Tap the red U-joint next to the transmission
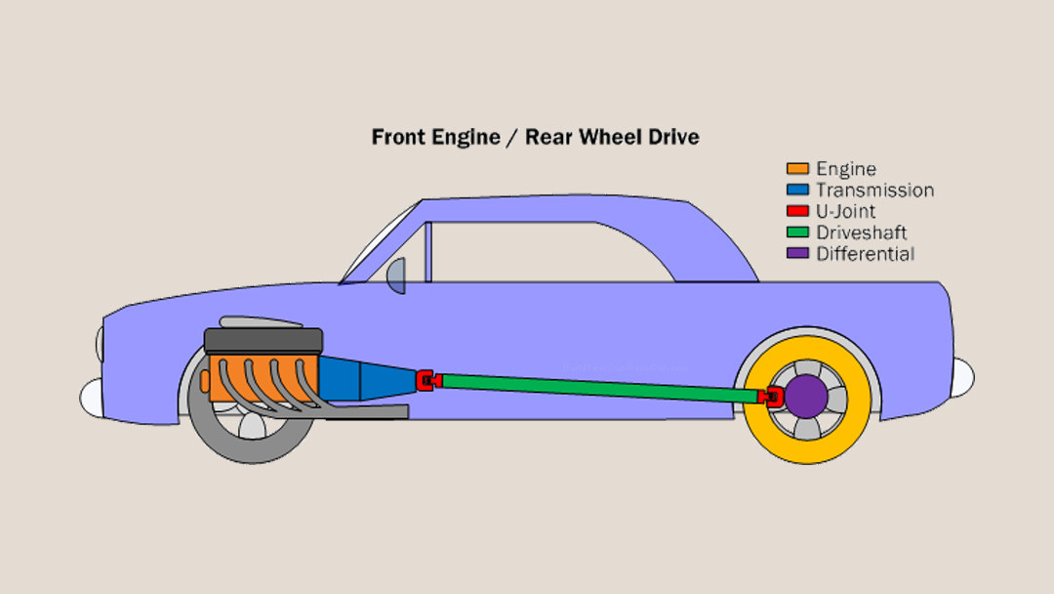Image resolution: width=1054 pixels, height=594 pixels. tap(426, 379)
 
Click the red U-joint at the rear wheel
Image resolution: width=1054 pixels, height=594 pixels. tap(772, 396)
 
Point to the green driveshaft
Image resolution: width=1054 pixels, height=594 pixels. tap(595, 387)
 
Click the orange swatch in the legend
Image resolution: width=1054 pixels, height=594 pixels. tap(798, 169)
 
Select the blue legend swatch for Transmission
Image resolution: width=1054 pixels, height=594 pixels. tap(798, 191)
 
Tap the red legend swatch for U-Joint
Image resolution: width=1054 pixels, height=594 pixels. tap(798, 211)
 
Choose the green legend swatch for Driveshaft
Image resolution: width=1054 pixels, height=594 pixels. tap(798, 233)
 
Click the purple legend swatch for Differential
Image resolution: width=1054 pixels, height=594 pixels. tap(798, 254)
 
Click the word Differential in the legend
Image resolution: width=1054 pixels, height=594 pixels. tap(865, 254)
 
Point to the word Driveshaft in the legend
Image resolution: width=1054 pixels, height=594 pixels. tap(862, 233)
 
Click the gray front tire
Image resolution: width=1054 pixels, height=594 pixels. tap(210, 435)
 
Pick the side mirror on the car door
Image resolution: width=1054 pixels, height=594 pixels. tap(396, 276)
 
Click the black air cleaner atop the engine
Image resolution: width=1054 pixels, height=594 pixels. tap(263, 341)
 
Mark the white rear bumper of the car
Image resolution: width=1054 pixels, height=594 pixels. tap(962, 377)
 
